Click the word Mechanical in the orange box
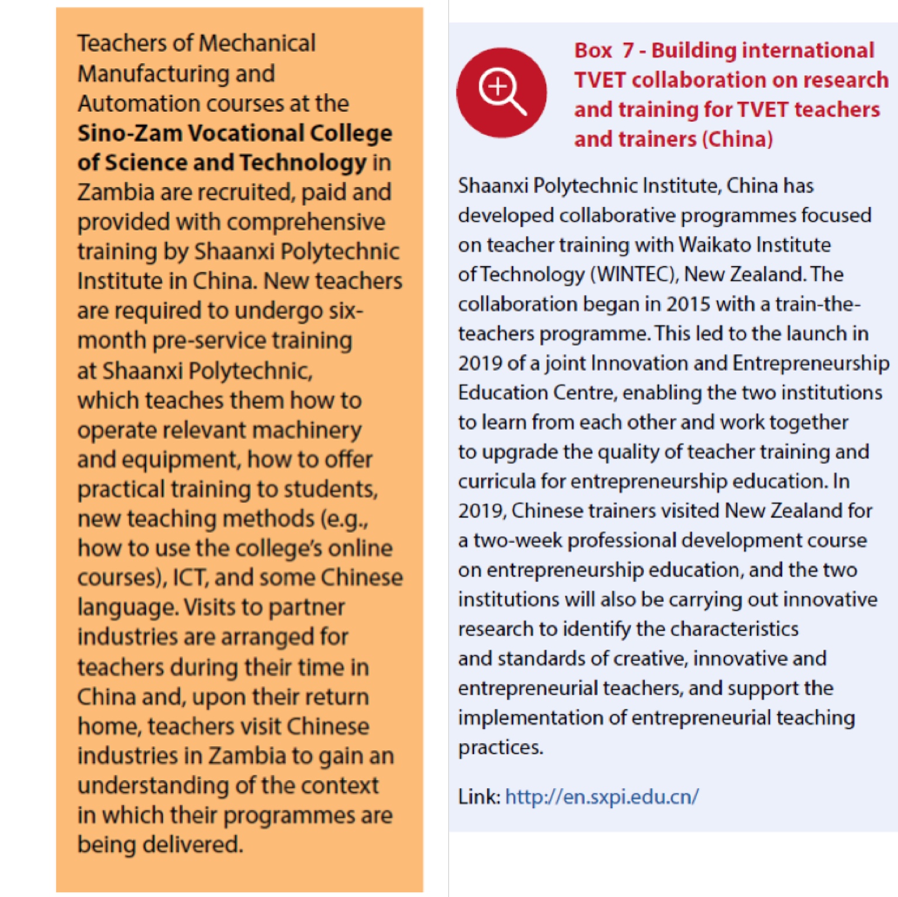[x=258, y=43]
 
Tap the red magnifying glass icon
[x=502, y=92]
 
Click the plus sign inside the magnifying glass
[x=498, y=87]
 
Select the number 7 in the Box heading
[x=628, y=51]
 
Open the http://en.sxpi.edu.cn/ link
[x=602, y=797]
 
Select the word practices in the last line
[x=500, y=747]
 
